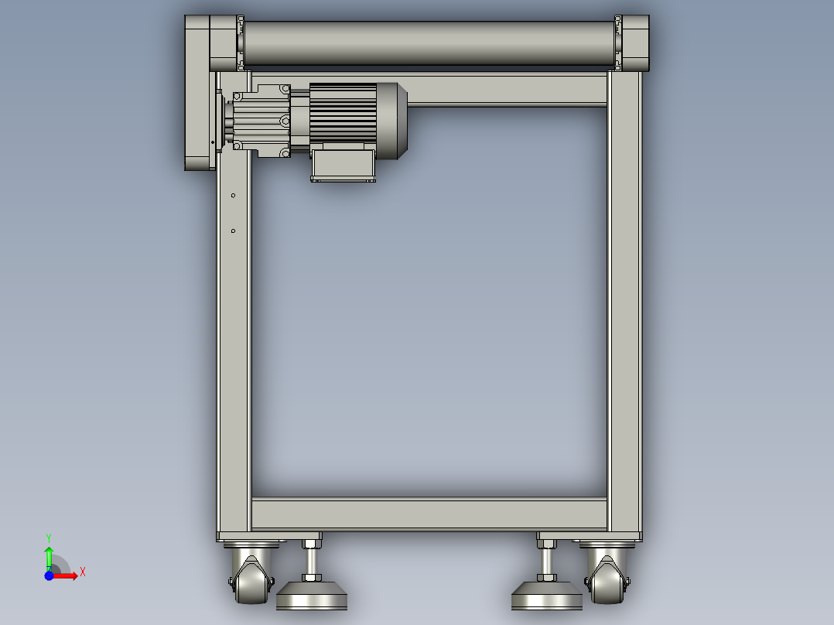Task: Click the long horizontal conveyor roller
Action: (429, 43)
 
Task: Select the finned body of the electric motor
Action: (343, 113)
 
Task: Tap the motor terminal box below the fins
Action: (343, 165)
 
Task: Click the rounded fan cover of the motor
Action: (392, 121)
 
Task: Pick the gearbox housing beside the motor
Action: (261, 121)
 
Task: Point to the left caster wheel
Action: (251, 580)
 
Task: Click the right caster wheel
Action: (607, 580)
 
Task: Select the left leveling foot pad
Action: (312, 596)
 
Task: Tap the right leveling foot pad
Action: (547, 596)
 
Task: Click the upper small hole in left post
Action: (233, 196)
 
